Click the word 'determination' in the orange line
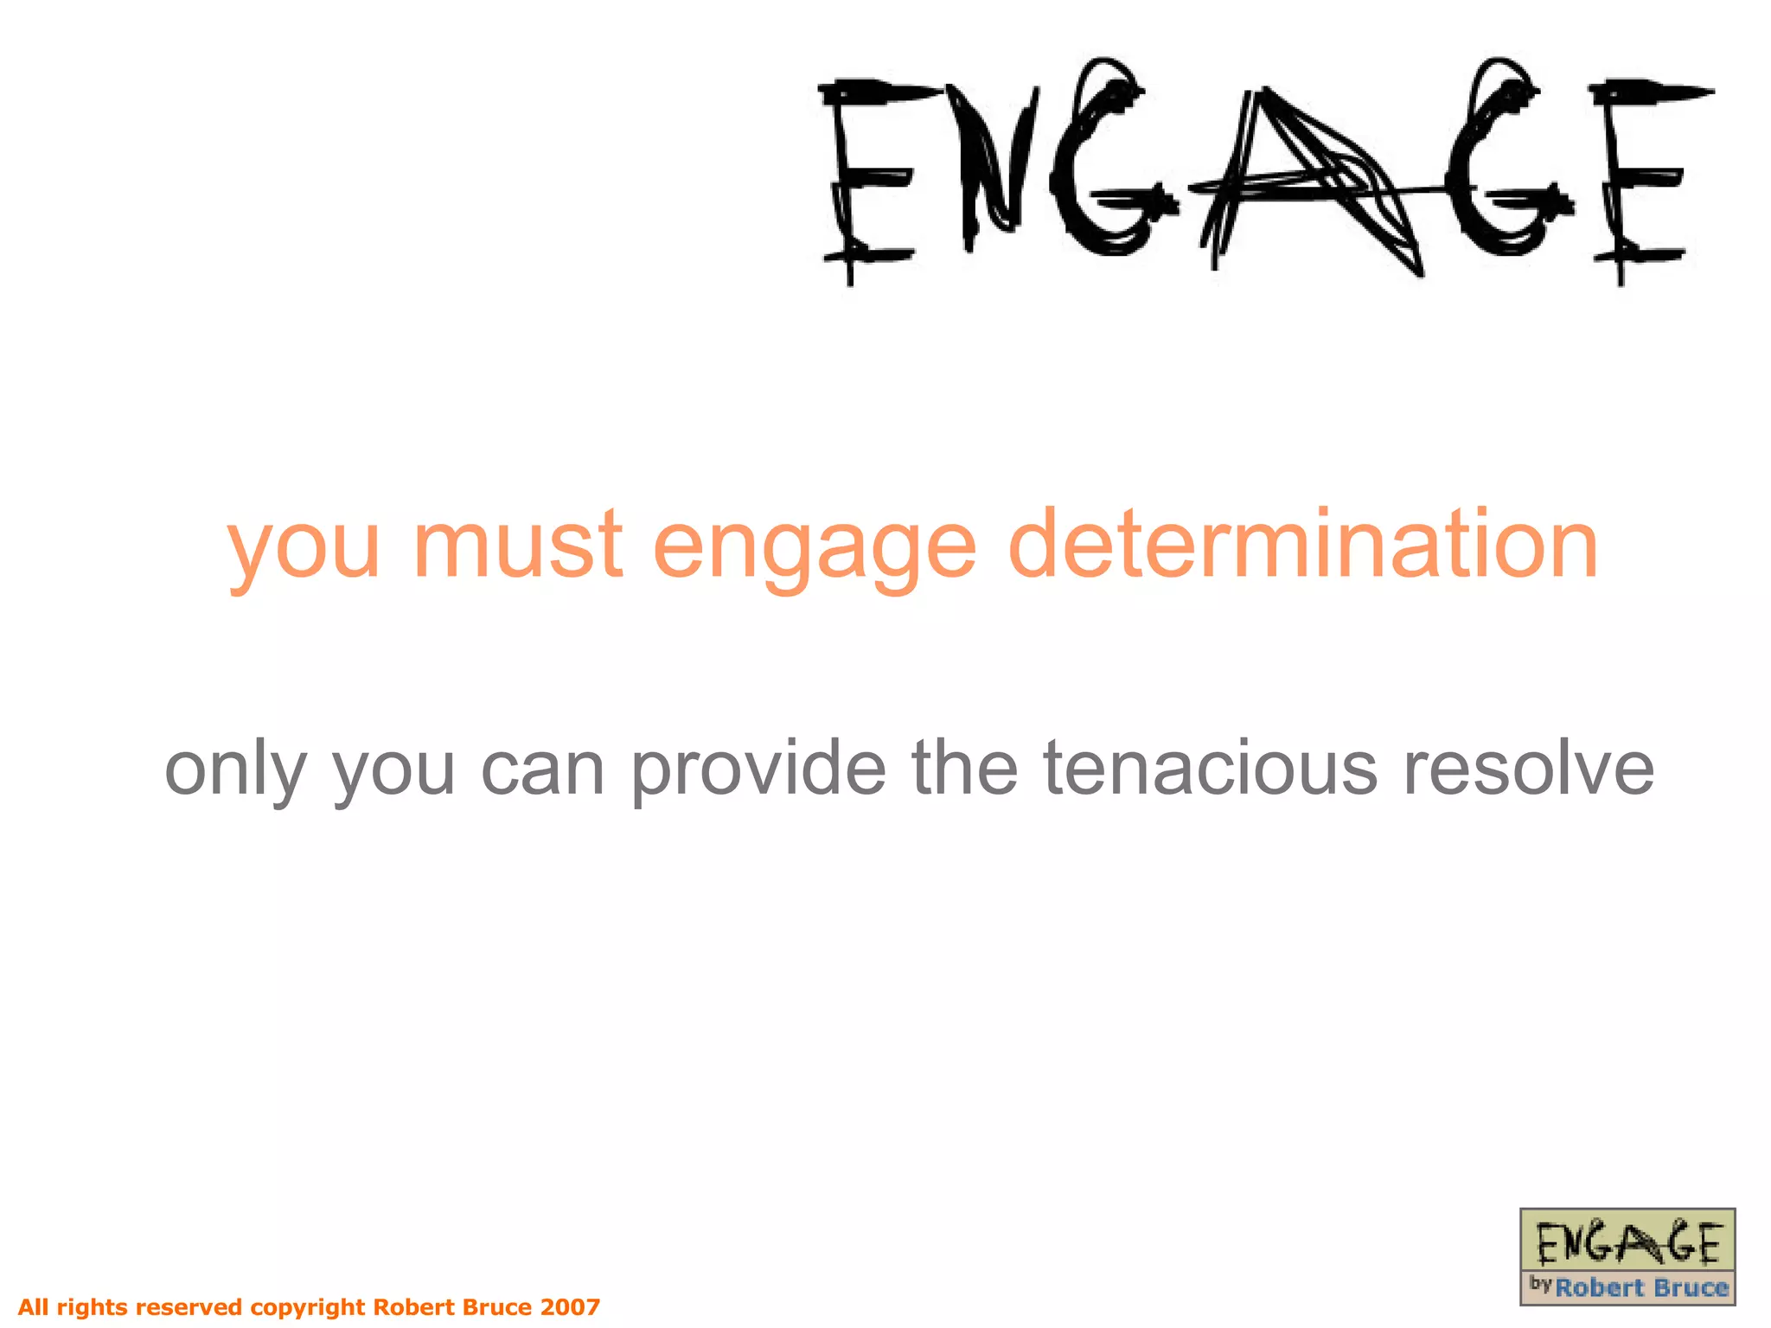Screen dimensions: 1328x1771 click(1303, 545)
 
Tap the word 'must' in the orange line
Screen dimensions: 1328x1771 click(517, 545)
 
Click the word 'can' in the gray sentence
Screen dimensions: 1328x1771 click(542, 769)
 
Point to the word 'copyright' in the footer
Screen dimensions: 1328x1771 click(308, 1307)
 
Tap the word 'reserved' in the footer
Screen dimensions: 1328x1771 click(189, 1306)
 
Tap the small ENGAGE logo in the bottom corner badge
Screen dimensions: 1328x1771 click(1627, 1242)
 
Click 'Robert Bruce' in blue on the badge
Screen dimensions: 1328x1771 click(1640, 1288)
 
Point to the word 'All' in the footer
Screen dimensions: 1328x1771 click(34, 1306)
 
